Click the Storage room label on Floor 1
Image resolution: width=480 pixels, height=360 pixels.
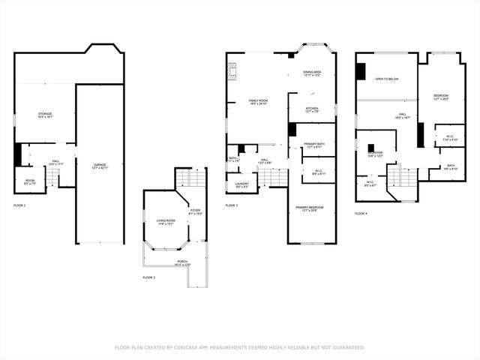45,115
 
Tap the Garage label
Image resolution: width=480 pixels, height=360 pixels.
100,166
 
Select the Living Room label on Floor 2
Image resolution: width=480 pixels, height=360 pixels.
165,221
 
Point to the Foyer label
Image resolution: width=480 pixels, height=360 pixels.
195,211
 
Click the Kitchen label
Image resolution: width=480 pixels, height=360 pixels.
311,109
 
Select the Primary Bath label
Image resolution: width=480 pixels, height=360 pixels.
315,145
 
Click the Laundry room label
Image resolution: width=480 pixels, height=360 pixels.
241,185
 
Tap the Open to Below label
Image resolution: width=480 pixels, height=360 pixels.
387,78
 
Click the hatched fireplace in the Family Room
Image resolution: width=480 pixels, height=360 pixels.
232,70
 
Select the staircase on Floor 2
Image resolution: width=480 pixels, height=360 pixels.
190,179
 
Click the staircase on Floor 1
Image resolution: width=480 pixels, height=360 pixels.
52,177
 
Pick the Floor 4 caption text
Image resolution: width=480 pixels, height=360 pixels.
361,214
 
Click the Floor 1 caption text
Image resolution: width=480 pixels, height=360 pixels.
19,205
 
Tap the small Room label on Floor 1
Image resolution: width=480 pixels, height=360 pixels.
29,180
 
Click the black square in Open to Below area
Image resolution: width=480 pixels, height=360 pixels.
361,71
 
